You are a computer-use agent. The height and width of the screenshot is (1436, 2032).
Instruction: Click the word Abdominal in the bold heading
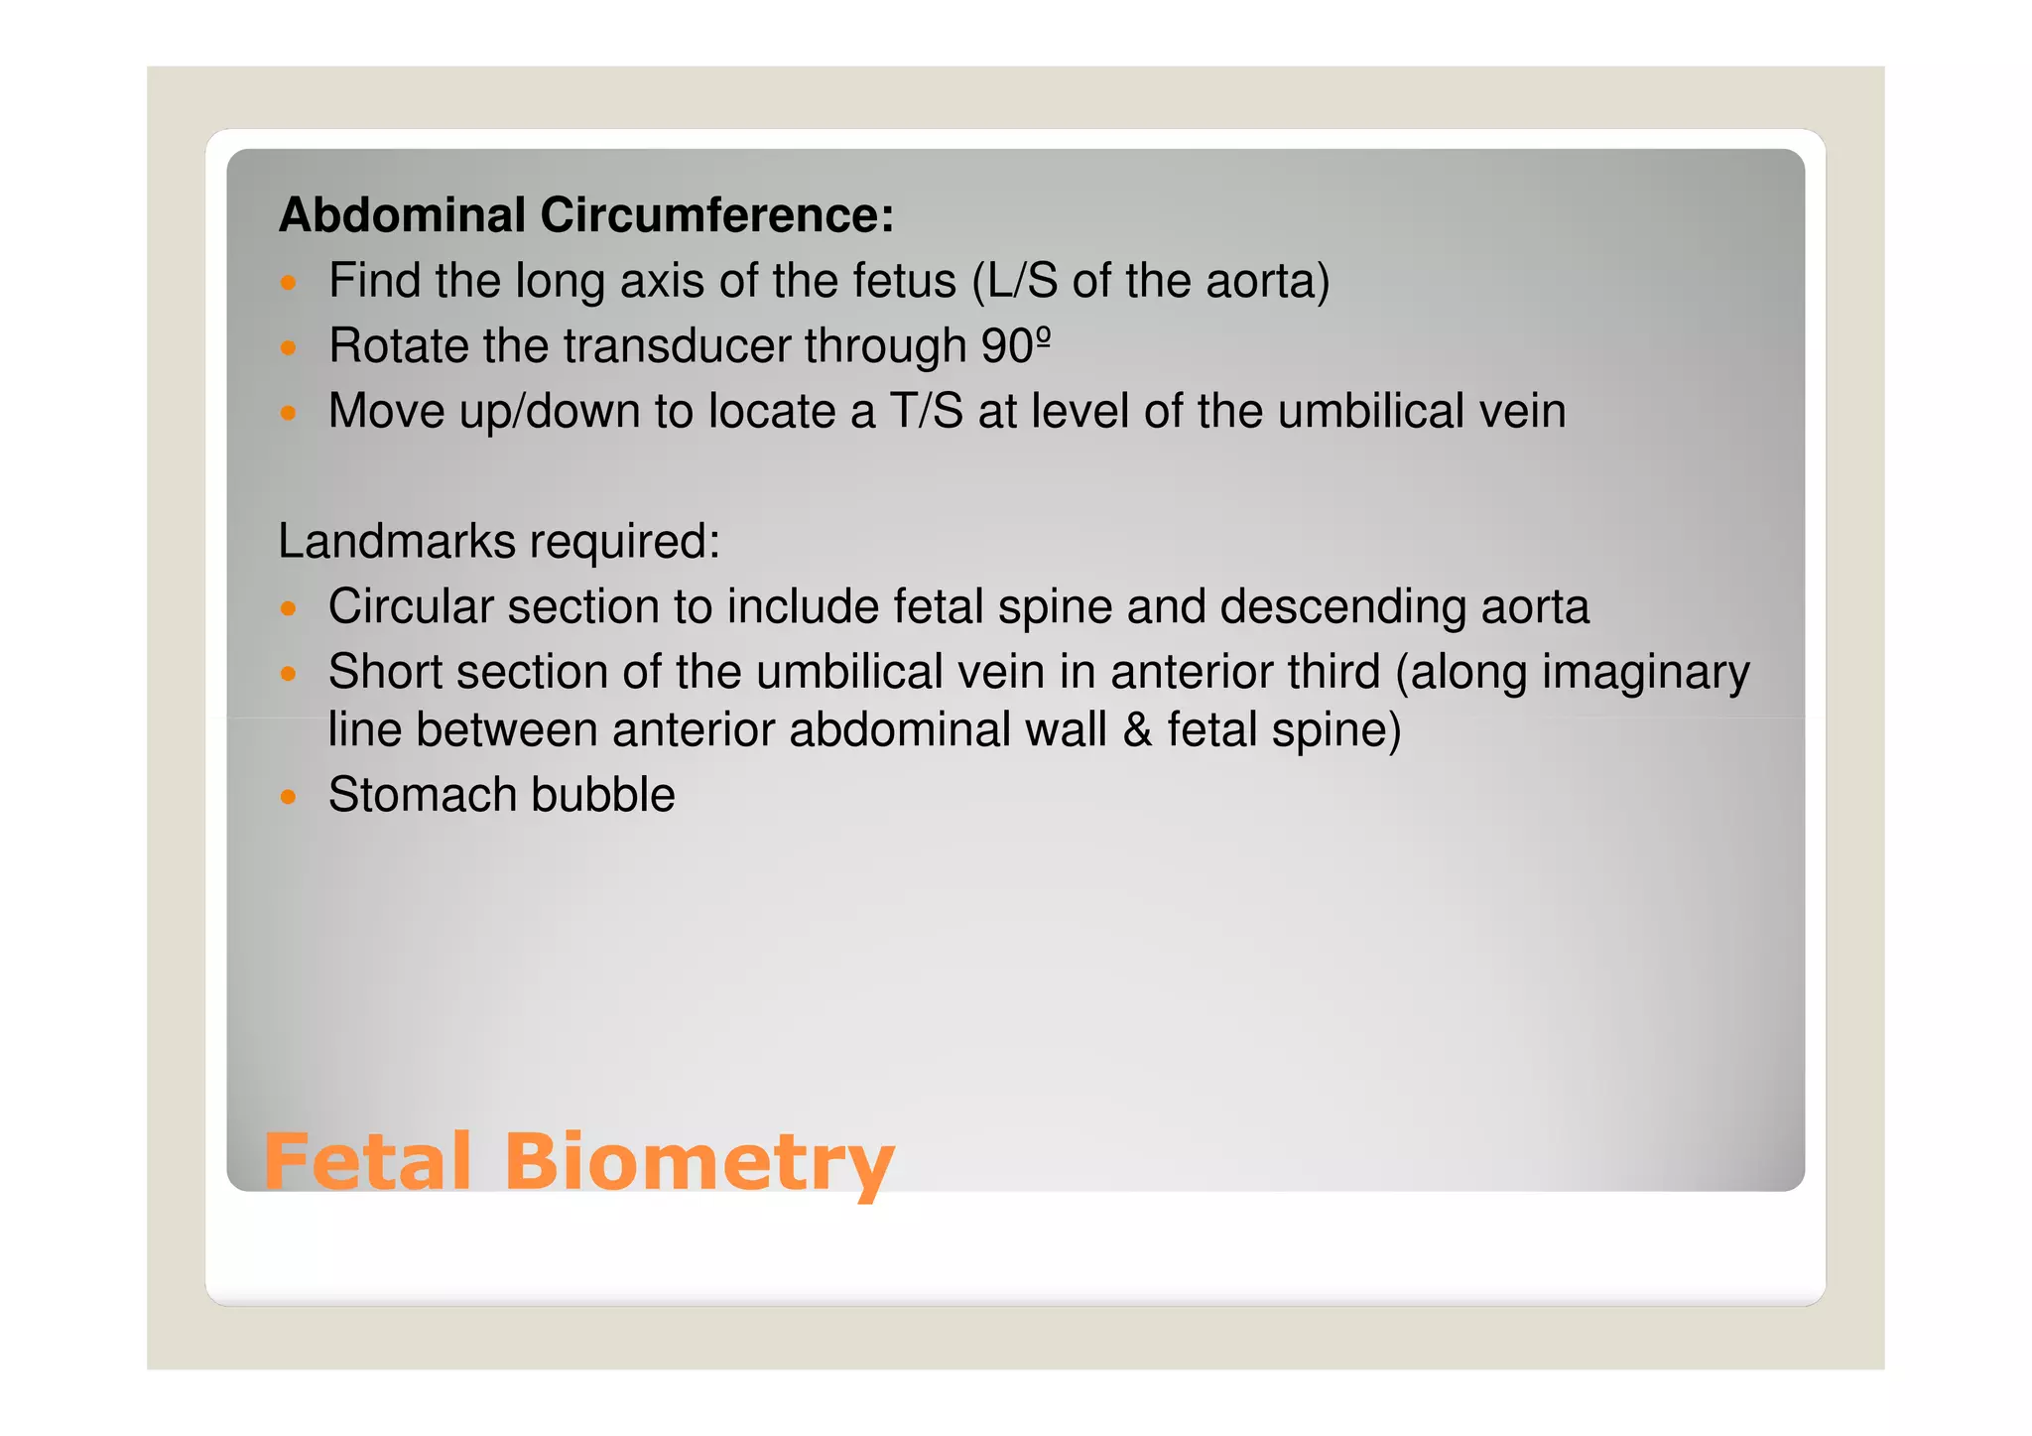pos(402,215)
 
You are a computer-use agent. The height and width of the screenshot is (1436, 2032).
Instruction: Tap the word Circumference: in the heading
pos(716,215)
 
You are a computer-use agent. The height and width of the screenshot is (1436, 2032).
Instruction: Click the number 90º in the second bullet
pos(1016,346)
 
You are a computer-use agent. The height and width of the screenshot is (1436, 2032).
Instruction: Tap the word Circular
pos(410,606)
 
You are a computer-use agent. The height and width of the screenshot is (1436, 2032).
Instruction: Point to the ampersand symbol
pos(1137,730)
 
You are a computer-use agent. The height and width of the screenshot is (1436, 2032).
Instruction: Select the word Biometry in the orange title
pos(698,1163)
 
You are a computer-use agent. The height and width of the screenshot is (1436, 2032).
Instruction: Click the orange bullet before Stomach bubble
pos(289,797)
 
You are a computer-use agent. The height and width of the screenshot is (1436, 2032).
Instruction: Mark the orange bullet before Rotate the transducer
pos(289,348)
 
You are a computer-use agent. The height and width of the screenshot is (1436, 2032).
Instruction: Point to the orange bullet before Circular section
pos(289,608)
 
